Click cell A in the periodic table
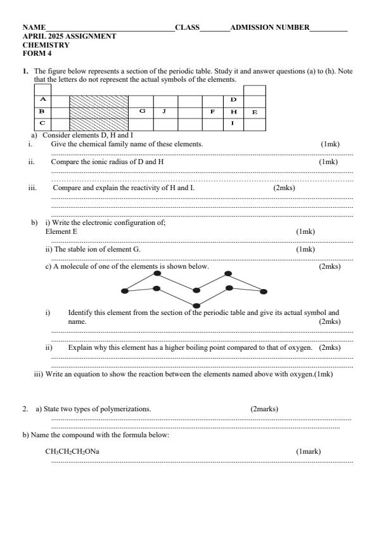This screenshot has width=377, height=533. click(x=42, y=100)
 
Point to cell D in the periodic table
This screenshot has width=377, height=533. click(x=233, y=100)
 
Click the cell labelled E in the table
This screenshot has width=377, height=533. click(x=254, y=112)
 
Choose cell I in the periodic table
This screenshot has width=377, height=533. click(x=233, y=123)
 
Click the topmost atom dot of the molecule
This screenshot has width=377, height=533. click(x=228, y=274)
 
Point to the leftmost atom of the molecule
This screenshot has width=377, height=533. click(x=124, y=292)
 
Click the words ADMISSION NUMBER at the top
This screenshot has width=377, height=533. click(x=270, y=27)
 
